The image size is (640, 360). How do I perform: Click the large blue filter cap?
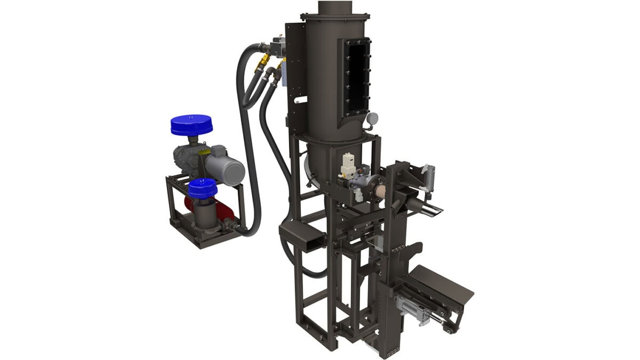[191, 124]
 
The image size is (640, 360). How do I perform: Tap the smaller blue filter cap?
[202, 187]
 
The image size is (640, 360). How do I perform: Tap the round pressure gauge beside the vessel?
[372, 118]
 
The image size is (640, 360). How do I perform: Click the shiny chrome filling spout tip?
[434, 210]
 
